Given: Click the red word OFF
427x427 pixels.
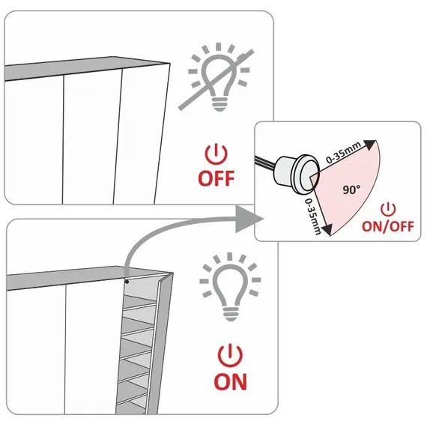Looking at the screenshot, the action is point(216,178).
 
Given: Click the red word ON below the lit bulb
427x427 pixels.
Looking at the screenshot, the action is point(231,382).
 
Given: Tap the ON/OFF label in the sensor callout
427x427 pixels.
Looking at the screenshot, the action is point(388,226).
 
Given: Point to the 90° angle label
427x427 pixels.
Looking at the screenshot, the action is point(351,190).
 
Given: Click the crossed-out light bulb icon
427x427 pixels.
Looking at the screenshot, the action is point(218,78).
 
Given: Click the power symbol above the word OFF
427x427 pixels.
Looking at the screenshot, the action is point(216,154).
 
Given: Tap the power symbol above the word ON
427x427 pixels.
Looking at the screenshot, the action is point(230,355).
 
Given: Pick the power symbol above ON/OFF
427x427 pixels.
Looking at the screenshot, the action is point(388,210).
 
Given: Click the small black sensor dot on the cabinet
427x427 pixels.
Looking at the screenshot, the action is point(127,282).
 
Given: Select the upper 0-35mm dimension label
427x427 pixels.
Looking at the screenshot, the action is point(344,152).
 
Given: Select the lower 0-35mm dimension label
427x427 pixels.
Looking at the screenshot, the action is point(312,216).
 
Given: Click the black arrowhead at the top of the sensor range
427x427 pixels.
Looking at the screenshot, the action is point(369,145).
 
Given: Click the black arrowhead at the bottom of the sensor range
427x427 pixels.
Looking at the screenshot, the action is point(327,229).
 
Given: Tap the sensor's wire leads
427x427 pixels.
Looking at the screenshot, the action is point(265,162).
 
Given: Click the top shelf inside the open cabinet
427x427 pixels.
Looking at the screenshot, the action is point(139,303).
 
